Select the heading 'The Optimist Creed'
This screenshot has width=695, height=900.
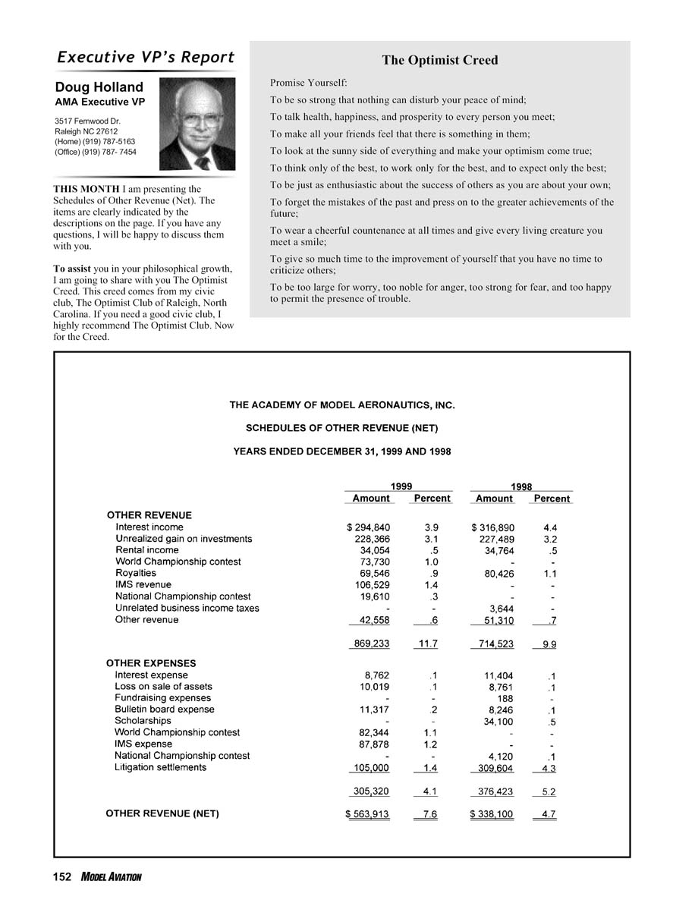(x=440, y=60)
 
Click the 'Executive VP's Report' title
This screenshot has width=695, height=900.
(x=146, y=58)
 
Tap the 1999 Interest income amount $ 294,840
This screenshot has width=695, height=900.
(x=368, y=527)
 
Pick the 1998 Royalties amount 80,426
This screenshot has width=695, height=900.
(x=498, y=573)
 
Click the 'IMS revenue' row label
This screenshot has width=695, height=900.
(x=143, y=584)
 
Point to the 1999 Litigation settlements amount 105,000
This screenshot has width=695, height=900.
(x=367, y=767)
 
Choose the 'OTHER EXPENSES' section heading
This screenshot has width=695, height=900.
(x=151, y=663)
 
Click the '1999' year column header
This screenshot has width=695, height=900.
(x=401, y=486)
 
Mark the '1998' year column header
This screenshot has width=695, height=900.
(x=520, y=486)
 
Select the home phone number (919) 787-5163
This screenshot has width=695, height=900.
(x=96, y=141)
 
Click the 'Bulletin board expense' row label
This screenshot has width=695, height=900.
(x=165, y=710)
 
